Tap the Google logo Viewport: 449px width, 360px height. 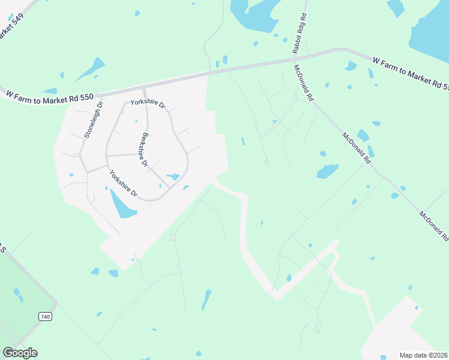(x=20, y=353)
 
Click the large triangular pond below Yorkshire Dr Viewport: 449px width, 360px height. (x=122, y=205)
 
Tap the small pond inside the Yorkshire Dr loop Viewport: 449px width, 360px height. (x=173, y=176)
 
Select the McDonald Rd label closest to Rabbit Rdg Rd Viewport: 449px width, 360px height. (x=303, y=83)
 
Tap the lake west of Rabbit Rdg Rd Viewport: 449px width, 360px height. (x=252, y=13)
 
